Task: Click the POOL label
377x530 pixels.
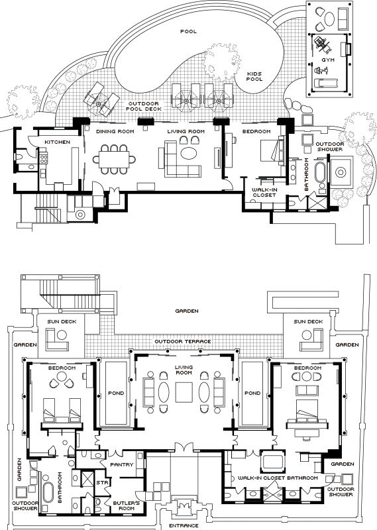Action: (x=188, y=31)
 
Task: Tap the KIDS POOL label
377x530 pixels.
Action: (x=254, y=76)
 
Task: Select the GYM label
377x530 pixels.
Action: (x=328, y=60)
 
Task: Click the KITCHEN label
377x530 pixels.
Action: (x=58, y=142)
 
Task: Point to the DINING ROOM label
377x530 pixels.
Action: (x=115, y=131)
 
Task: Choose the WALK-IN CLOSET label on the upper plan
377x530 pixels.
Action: (x=264, y=192)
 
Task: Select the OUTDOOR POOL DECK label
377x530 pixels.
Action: (x=144, y=106)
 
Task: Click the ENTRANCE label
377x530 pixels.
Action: (x=184, y=525)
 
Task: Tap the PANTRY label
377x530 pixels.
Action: (x=122, y=465)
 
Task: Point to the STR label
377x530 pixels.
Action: (x=102, y=483)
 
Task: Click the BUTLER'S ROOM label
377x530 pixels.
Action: (x=124, y=505)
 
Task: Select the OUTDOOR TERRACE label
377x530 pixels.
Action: (x=183, y=341)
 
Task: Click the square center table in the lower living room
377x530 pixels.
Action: (x=184, y=392)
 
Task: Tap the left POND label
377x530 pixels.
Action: (x=116, y=393)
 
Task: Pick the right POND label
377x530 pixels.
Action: (x=252, y=393)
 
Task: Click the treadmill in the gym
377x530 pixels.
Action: (x=326, y=82)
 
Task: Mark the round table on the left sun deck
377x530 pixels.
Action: (x=62, y=335)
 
